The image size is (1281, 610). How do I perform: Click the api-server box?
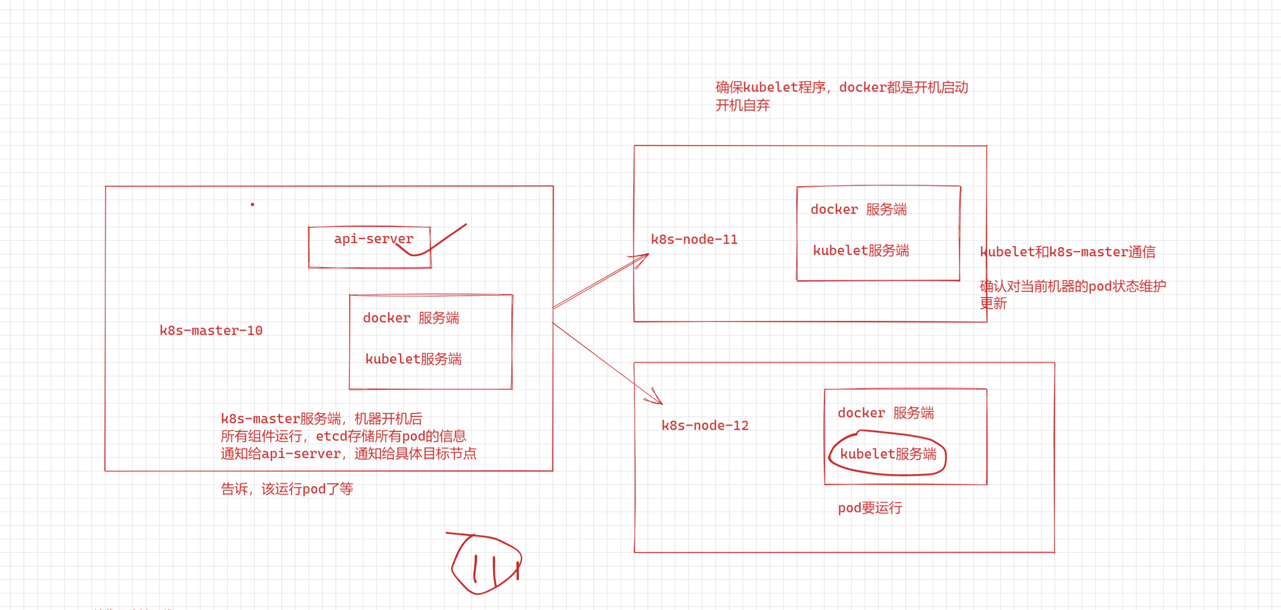click(x=370, y=247)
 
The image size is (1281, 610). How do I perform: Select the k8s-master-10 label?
click(x=211, y=330)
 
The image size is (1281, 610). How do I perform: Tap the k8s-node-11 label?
click(x=694, y=240)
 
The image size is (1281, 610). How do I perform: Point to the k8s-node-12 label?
click(x=704, y=425)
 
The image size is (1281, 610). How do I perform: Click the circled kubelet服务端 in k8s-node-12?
click(x=888, y=454)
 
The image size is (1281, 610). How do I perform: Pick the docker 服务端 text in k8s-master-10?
click(x=411, y=318)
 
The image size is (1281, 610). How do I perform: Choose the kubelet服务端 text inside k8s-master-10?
click(x=413, y=359)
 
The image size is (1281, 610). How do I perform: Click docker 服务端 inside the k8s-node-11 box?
click(x=859, y=210)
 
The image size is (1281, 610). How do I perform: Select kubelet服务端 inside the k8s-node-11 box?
click(x=861, y=250)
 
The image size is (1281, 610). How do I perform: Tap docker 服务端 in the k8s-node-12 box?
click(x=886, y=413)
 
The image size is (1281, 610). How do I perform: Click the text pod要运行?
click(x=870, y=508)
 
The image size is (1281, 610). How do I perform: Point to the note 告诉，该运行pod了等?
click(x=287, y=489)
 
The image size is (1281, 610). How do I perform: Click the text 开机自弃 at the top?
click(x=742, y=106)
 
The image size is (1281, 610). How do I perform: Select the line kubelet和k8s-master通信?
click(x=1068, y=252)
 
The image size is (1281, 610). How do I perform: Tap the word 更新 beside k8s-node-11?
click(x=993, y=303)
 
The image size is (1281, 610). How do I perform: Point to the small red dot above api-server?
click(x=252, y=204)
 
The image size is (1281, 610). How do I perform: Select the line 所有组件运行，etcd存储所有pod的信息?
click(x=343, y=437)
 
